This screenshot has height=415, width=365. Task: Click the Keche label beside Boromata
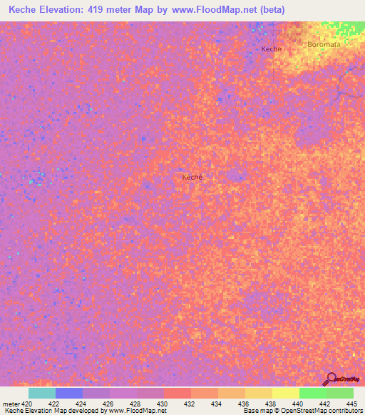pyautogui.click(x=272, y=48)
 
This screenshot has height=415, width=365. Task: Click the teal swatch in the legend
pyautogui.click(x=42, y=393)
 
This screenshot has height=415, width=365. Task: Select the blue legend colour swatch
pyautogui.click(x=69, y=393)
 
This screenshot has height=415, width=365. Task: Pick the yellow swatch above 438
pyautogui.click(x=259, y=393)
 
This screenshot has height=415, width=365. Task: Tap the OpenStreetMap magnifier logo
pyautogui.click(x=330, y=378)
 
